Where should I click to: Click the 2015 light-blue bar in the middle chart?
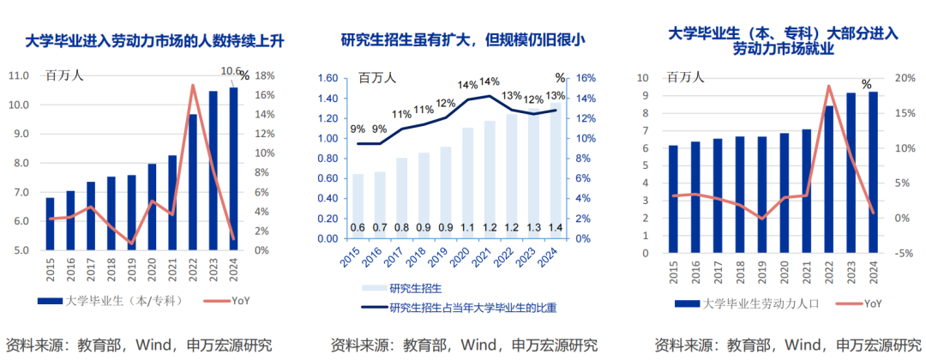[358, 206]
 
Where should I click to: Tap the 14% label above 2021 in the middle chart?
[490, 81]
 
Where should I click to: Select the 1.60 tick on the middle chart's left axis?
[329, 77]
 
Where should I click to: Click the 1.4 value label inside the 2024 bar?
[555, 227]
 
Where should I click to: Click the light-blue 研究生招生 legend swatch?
[370, 288]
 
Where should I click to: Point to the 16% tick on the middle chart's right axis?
[585, 77]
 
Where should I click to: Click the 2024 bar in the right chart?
[873, 172]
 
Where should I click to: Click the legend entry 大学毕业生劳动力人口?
[755, 303]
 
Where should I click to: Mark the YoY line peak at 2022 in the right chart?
[828, 86]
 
